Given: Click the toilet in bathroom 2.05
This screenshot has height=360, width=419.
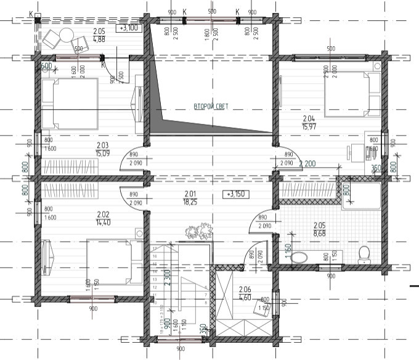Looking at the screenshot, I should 364,253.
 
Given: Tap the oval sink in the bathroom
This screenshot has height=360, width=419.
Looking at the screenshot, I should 301,258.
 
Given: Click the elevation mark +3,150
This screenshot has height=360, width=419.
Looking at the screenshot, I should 235,194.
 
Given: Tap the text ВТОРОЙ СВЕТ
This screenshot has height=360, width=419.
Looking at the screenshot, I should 211,107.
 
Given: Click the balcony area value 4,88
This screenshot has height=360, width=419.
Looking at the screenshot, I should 99,39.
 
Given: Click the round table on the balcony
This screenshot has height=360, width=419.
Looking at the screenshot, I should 65,35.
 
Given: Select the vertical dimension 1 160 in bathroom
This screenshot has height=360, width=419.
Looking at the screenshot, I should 288,252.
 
